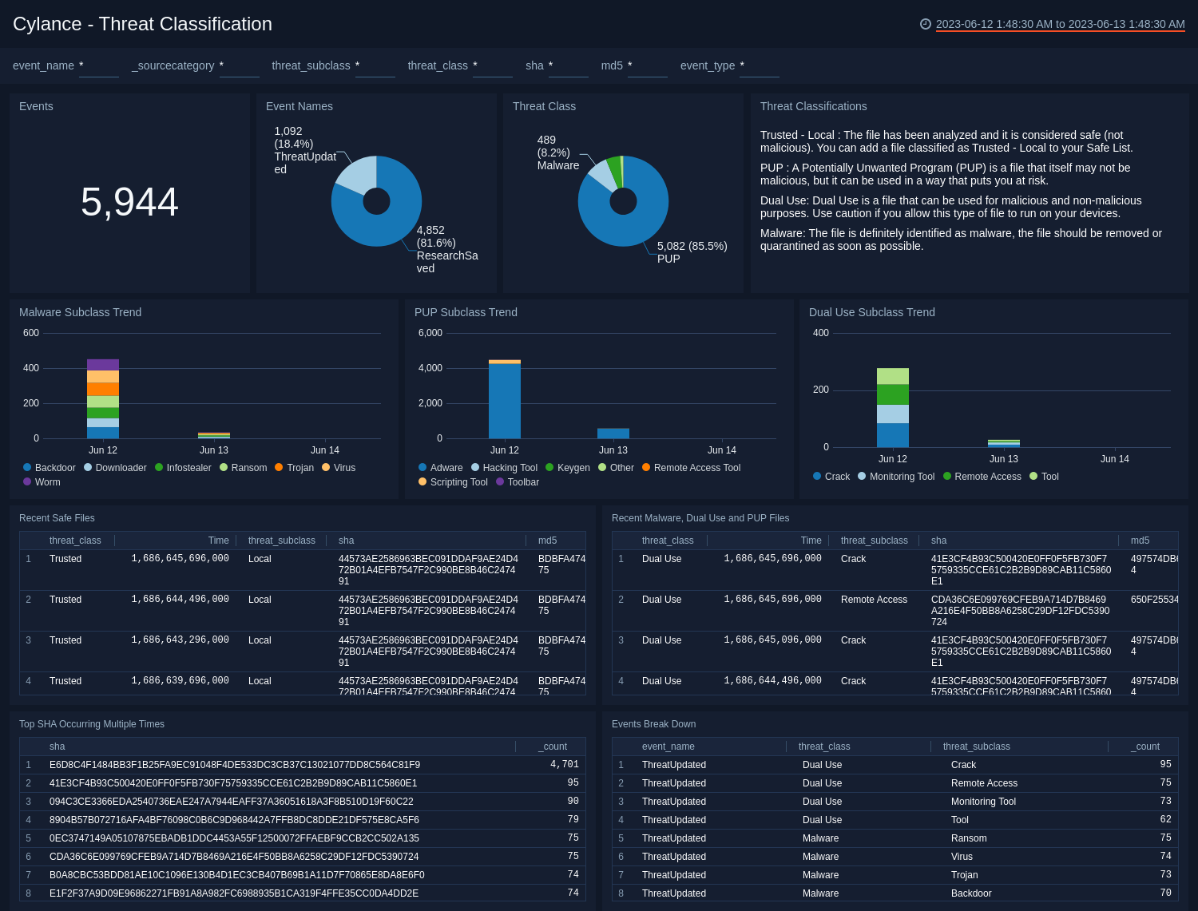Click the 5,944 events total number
129,202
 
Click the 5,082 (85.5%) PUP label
692,252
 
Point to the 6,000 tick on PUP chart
430,333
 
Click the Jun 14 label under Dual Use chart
1114,459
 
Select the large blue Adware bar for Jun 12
505,401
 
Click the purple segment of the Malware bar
103,365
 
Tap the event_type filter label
707,65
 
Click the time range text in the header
1060,25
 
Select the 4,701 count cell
564,765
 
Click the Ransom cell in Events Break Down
969,838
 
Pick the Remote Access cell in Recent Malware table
874,600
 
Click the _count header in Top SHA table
552,747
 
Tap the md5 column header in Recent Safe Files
547,541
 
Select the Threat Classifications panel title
813,106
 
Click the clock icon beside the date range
926,24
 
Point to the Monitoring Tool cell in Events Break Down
983,802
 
